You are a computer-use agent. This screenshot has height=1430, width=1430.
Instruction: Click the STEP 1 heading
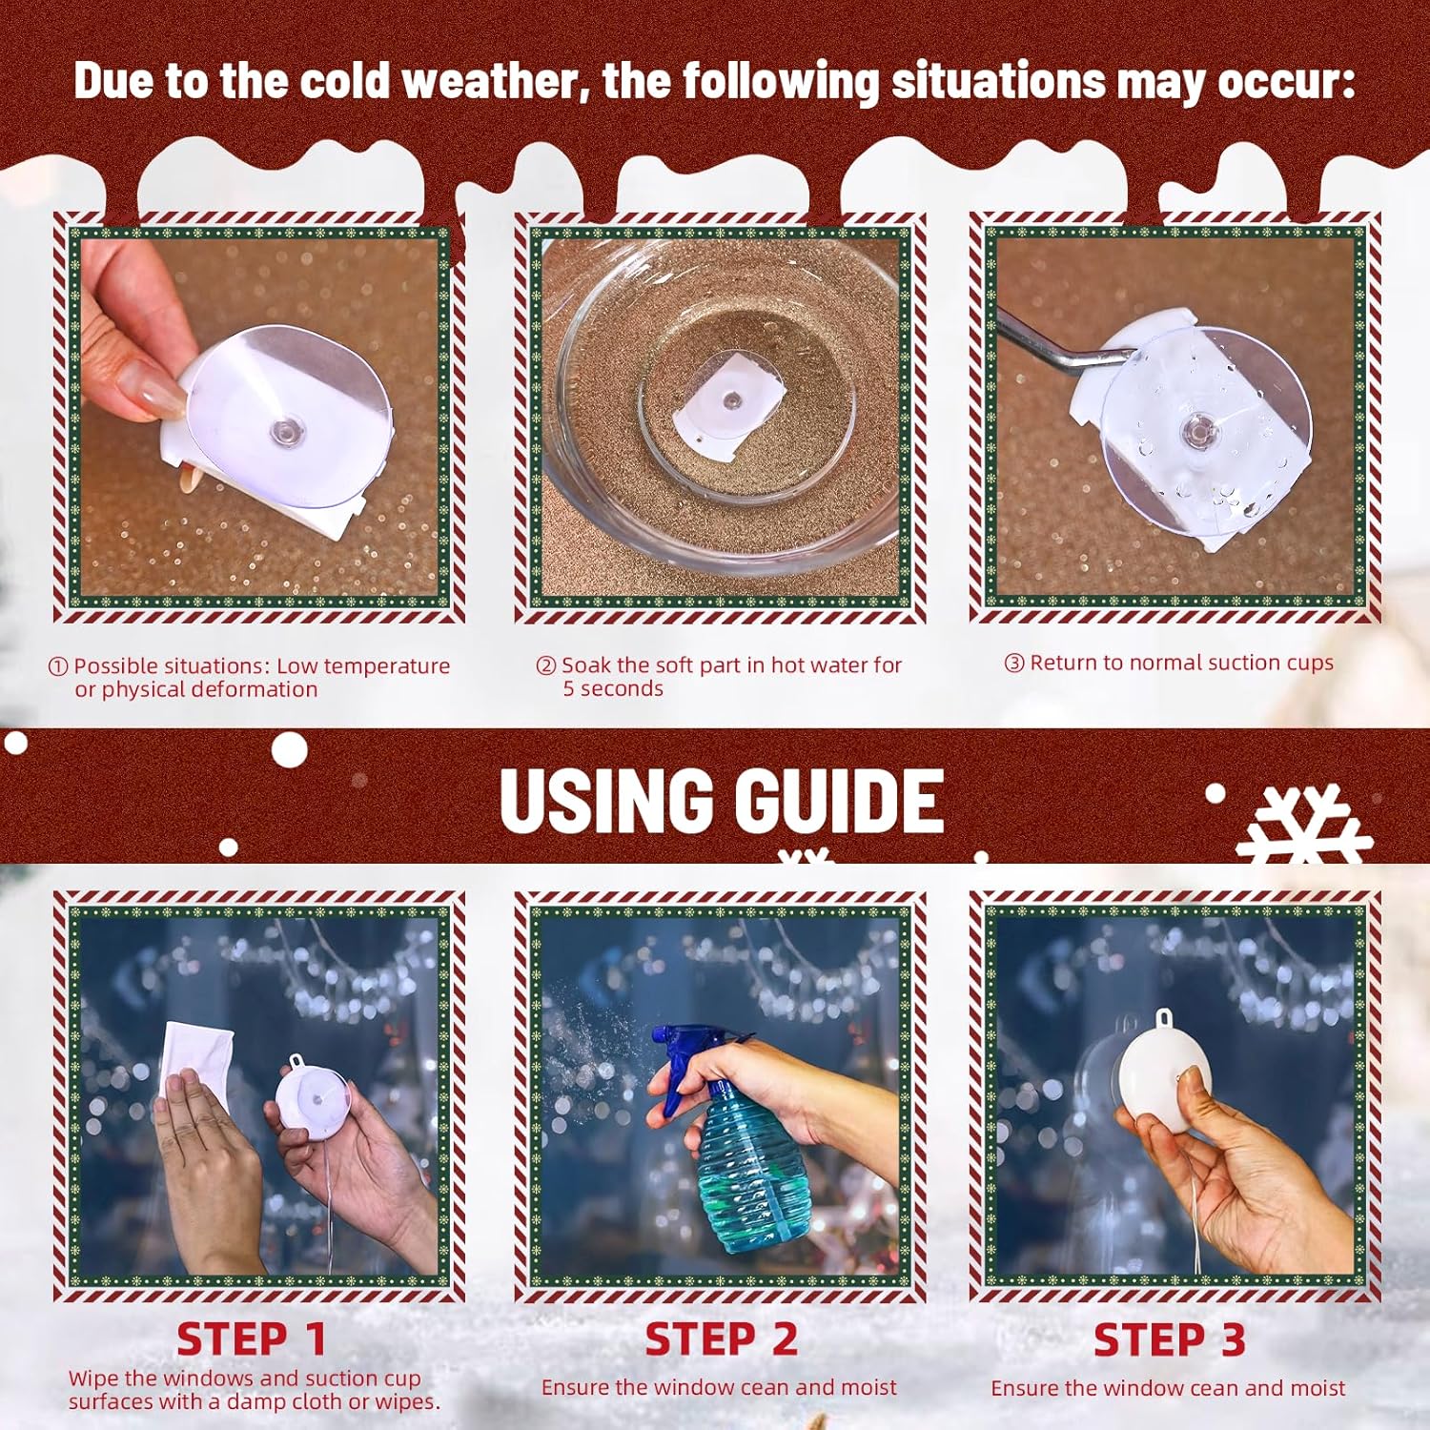[x=252, y=1339]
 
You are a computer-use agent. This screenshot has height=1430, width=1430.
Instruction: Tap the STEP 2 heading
[x=721, y=1339]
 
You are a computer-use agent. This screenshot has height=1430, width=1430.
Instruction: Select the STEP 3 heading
[x=1170, y=1339]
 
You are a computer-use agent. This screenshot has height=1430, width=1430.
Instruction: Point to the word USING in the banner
[x=606, y=800]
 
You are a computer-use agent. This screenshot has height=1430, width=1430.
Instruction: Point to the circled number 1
[x=58, y=666]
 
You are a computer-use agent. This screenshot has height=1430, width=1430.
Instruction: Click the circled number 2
[x=545, y=665]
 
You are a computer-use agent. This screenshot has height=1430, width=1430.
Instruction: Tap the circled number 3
[x=1014, y=663]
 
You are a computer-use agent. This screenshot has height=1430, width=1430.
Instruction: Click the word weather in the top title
[x=489, y=80]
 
